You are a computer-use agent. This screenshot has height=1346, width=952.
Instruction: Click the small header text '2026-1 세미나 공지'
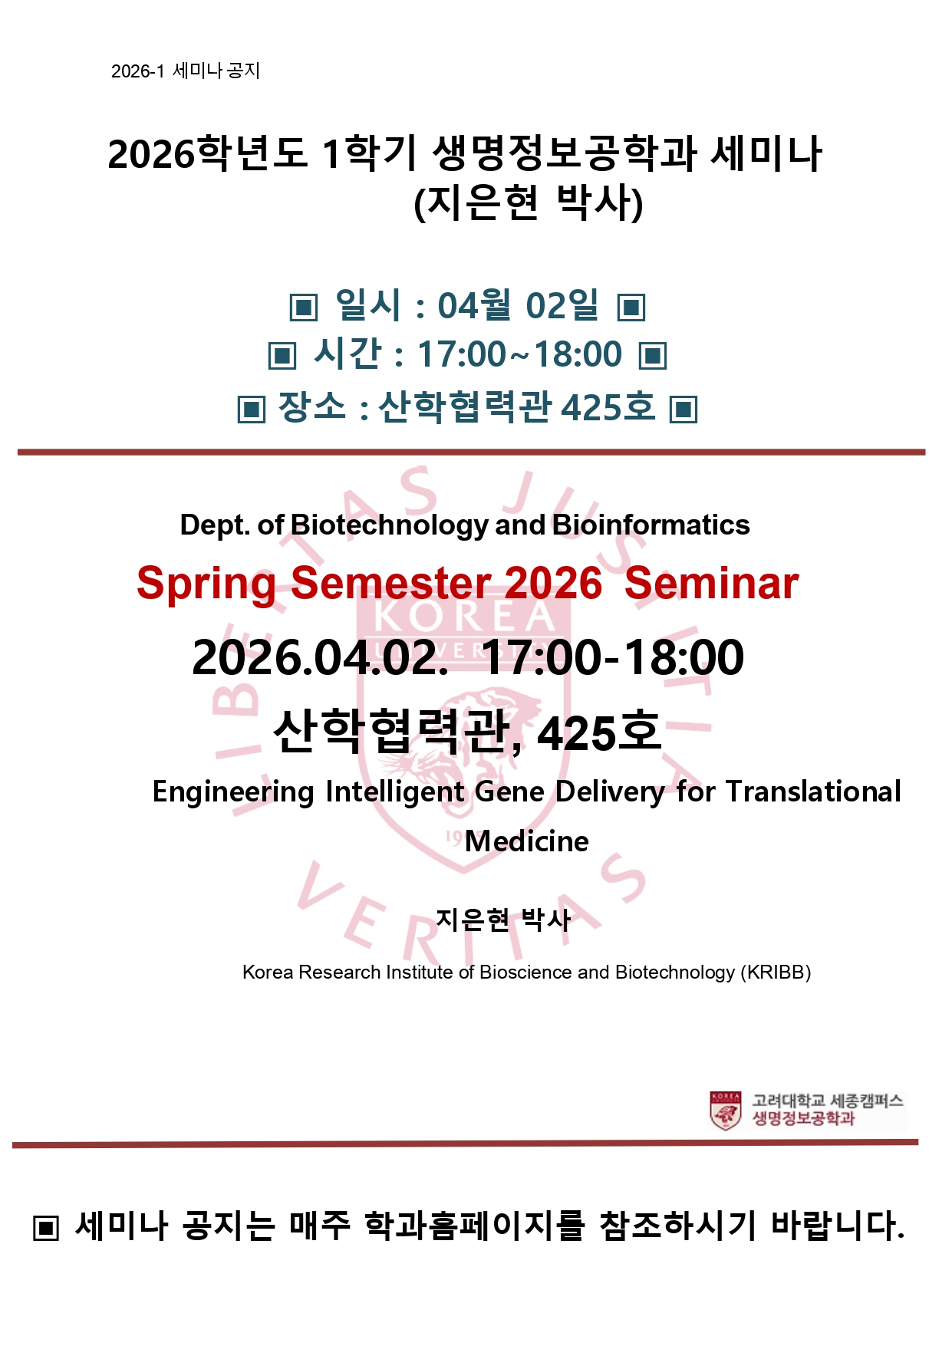tap(186, 71)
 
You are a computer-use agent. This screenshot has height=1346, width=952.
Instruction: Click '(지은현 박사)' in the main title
tap(528, 202)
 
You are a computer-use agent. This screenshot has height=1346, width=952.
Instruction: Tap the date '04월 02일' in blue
tap(519, 305)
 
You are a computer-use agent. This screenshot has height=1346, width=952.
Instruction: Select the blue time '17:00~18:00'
tap(519, 354)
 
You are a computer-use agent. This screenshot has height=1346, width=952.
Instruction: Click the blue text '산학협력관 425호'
tap(517, 406)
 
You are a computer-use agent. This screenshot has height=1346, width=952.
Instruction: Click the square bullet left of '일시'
tap(303, 308)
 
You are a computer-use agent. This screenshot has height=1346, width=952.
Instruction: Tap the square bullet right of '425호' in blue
tap(684, 409)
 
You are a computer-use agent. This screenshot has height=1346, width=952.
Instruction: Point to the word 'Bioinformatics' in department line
tap(651, 525)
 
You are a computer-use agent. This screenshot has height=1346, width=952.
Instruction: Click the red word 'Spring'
tap(206, 584)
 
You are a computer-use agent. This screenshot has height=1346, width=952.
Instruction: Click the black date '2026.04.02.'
tap(320, 657)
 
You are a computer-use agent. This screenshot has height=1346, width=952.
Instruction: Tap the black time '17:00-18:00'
tap(613, 657)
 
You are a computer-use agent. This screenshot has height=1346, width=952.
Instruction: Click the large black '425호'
tap(598, 732)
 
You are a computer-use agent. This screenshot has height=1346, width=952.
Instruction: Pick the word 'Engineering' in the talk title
tap(233, 792)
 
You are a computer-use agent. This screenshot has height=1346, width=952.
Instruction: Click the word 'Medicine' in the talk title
tap(527, 841)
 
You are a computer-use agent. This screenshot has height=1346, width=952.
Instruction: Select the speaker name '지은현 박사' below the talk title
tap(503, 919)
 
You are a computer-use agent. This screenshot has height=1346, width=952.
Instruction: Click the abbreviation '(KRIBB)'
tap(776, 972)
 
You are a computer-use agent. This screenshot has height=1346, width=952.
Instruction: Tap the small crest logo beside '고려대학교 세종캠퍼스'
tap(725, 1111)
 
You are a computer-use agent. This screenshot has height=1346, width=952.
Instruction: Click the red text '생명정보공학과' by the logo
tap(803, 1119)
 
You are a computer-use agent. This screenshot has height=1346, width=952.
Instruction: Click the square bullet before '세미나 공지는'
tap(46, 1228)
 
